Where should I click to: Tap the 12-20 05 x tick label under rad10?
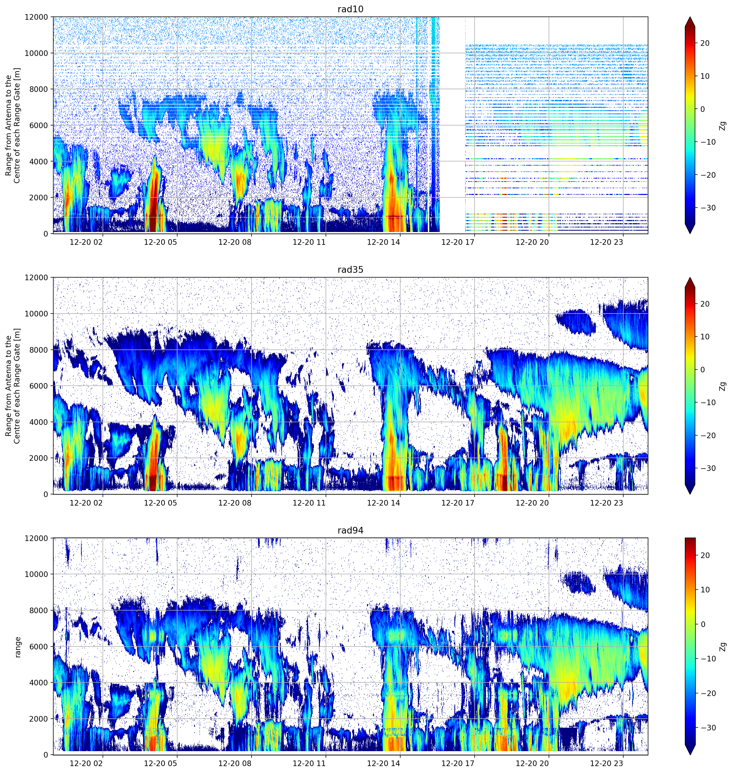(x=160, y=242)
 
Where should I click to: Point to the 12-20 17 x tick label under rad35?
(x=458, y=502)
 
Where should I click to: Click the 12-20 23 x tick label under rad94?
(x=606, y=763)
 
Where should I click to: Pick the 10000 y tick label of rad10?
(x=37, y=53)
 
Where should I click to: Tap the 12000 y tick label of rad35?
(x=37, y=278)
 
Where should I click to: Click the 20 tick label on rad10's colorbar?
(x=705, y=43)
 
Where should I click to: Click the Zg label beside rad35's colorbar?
(x=723, y=386)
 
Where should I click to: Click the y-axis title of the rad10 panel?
(x=13, y=125)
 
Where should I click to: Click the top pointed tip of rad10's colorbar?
(x=690, y=17)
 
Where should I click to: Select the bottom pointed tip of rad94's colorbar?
(x=690, y=754)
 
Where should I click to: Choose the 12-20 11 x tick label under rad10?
(x=309, y=242)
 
